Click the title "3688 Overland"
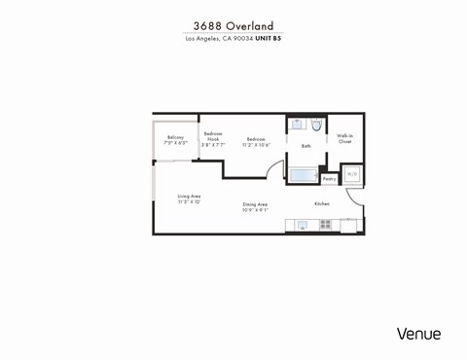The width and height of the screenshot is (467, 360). pos(233,26)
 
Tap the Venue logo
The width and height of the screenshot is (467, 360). pos(418,334)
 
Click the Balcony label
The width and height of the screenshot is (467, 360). pos(176,137)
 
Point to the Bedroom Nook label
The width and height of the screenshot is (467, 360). pos(212,135)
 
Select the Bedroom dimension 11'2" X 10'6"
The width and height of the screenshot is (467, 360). pos(257,144)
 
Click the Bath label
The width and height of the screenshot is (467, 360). pos(305,146)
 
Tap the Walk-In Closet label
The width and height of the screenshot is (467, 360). pos(344,139)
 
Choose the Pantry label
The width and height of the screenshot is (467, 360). pos(329,179)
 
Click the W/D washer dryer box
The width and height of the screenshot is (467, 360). pos(352,175)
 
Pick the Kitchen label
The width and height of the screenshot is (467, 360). pos(321,203)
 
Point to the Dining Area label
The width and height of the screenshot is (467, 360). pos(256,204)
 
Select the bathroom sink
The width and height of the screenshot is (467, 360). pos(296,126)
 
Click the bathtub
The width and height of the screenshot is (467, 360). pos(303,176)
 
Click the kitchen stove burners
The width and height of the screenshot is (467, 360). pos(325,225)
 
